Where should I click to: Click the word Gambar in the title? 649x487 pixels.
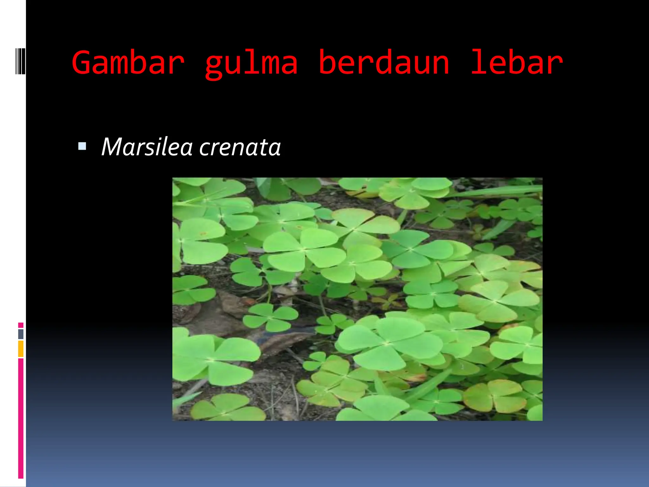[x=128, y=62]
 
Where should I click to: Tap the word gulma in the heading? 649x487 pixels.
[x=251, y=63]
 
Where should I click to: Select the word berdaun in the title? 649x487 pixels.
[x=384, y=62]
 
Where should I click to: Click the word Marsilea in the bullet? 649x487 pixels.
[x=147, y=147]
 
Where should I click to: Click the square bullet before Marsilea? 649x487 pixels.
[x=82, y=146]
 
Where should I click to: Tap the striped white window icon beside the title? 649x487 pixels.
[x=20, y=61]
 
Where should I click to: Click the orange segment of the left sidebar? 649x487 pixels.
[x=21, y=349]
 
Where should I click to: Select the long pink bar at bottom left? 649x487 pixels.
[x=21, y=418]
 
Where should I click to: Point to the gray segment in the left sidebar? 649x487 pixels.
[x=21, y=334]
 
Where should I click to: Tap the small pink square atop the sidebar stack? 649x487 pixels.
[x=21, y=325]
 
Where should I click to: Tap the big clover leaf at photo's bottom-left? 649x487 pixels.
[x=212, y=360]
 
